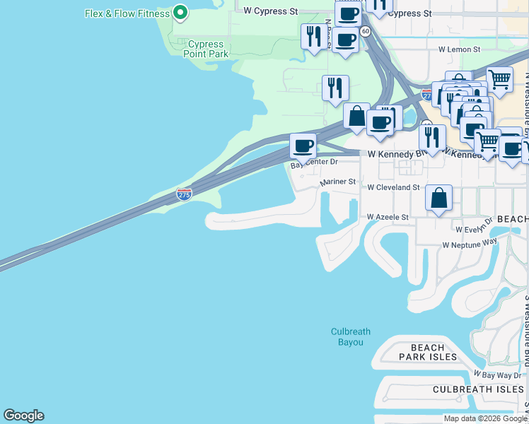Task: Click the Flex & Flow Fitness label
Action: (x=127, y=13)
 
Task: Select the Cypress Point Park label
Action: (x=206, y=49)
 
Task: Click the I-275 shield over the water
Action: (x=184, y=194)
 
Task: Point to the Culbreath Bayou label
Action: (x=351, y=337)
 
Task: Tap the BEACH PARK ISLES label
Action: (x=428, y=352)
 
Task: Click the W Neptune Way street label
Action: (x=470, y=244)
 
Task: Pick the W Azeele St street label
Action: (x=388, y=218)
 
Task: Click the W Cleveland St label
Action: (x=393, y=187)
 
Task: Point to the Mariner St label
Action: (x=338, y=182)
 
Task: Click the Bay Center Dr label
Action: (x=315, y=163)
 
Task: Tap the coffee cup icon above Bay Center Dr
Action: (x=303, y=146)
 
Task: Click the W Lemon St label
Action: (x=459, y=49)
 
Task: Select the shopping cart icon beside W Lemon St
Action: (x=499, y=79)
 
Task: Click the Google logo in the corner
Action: (x=23, y=416)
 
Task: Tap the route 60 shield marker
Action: (x=365, y=31)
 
